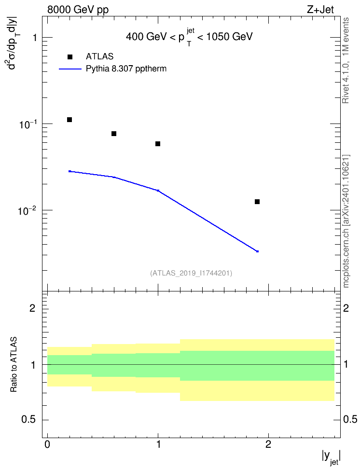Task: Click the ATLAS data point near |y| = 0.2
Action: [x=69, y=120]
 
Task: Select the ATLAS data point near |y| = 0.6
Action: [x=114, y=133]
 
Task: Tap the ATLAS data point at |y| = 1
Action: [x=158, y=144]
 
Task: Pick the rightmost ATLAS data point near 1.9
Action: [x=257, y=202]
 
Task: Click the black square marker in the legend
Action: [x=70, y=57]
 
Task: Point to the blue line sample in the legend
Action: [x=70, y=69]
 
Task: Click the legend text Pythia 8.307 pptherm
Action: [x=126, y=69]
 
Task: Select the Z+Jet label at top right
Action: [x=320, y=10]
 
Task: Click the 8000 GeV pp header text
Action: [x=78, y=10]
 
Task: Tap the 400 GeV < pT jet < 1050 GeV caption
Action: [x=189, y=37]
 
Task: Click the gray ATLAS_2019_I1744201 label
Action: [x=191, y=273]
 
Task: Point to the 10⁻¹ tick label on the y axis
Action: [x=27, y=124]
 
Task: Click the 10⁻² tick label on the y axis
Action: [x=27, y=210]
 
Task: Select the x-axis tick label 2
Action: [x=268, y=444]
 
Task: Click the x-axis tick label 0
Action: [x=47, y=444]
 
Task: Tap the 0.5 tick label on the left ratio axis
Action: [x=29, y=420]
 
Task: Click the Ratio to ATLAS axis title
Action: [x=14, y=365]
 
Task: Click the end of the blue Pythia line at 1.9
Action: [x=257, y=251]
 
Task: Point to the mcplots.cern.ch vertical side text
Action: [x=346, y=221]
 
